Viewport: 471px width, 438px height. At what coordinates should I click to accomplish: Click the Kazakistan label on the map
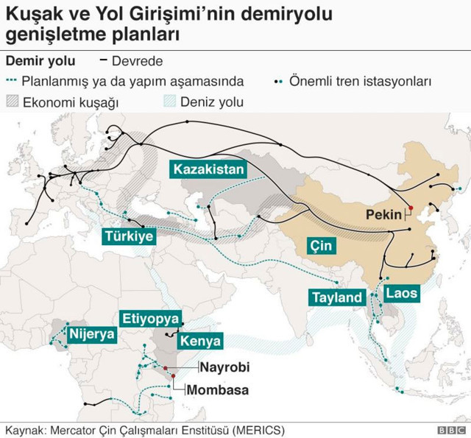(208, 169)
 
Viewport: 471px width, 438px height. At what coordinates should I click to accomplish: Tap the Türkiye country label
(129, 236)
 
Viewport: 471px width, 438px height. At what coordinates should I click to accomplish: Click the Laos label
(401, 293)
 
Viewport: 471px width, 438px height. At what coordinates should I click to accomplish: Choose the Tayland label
(337, 297)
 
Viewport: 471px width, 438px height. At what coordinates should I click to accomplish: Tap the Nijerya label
(92, 334)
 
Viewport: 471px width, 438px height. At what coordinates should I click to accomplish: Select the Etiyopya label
(151, 319)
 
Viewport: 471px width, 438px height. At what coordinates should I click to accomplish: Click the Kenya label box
(201, 342)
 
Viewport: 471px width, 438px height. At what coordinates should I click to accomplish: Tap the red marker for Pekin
(411, 208)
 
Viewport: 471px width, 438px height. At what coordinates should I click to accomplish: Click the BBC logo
(450, 429)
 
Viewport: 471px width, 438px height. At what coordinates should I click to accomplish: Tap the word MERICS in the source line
(259, 428)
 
